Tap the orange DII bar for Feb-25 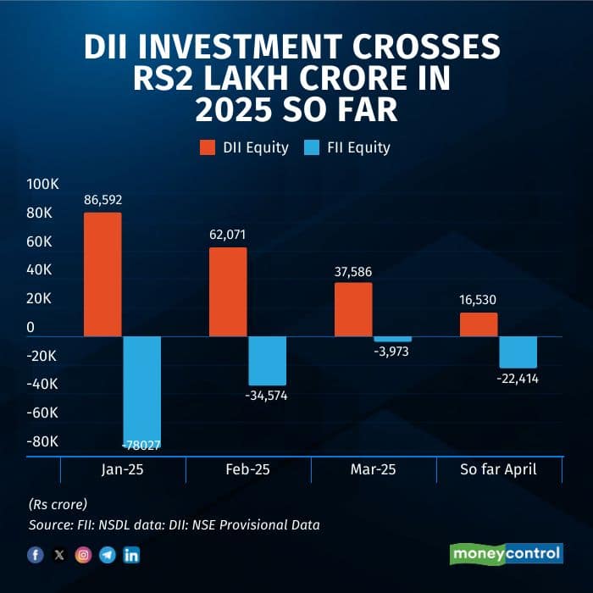pyautogui.click(x=228, y=291)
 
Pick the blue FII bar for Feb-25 pyautogui.click(x=267, y=361)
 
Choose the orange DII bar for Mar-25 pyautogui.click(x=353, y=309)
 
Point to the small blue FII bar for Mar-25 pyautogui.click(x=392, y=339)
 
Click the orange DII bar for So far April pyautogui.click(x=479, y=324)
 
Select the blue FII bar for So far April pyautogui.click(x=518, y=352)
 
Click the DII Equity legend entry pyautogui.click(x=244, y=147)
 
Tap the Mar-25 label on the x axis pyautogui.click(x=374, y=469)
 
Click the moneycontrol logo pyautogui.click(x=505, y=554)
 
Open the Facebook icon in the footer pyautogui.click(x=35, y=555)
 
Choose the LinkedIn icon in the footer pyautogui.click(x=131, y=555)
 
